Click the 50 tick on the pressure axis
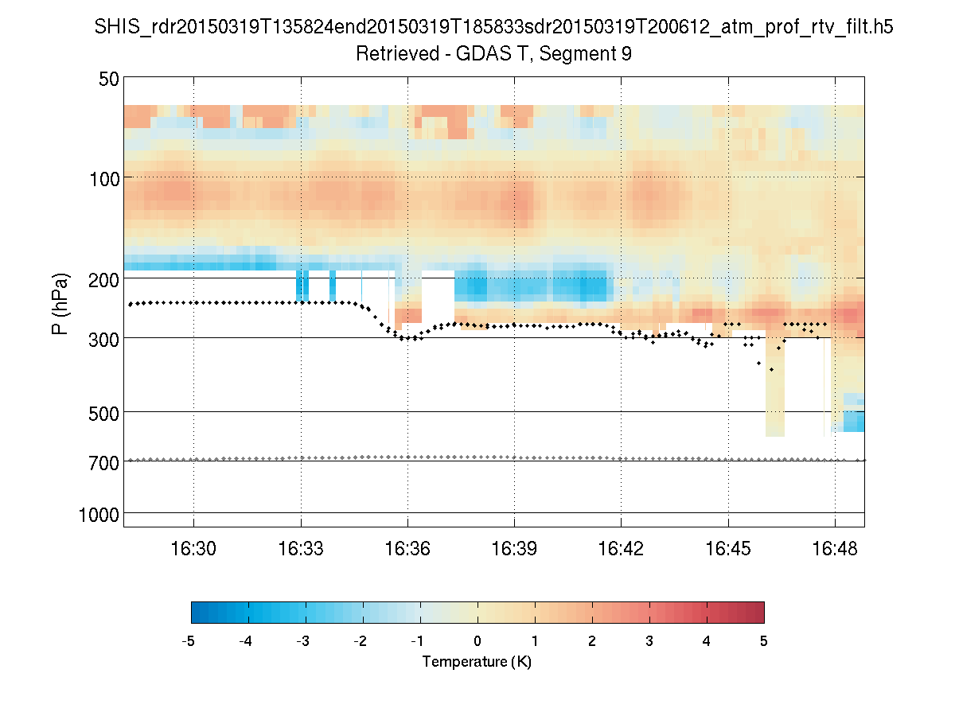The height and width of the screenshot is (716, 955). coord(109,79)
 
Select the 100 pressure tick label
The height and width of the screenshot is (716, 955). coord(104,177)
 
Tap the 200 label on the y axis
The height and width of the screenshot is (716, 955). coord(104,278)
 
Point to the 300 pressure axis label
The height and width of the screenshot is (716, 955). coord(104,338)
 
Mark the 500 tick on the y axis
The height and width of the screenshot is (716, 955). coord(104,412)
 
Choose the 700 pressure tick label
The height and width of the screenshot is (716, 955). coord(104,461)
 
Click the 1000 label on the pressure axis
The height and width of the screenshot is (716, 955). coord(99,513)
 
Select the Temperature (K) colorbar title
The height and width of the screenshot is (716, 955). coord(477,662)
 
